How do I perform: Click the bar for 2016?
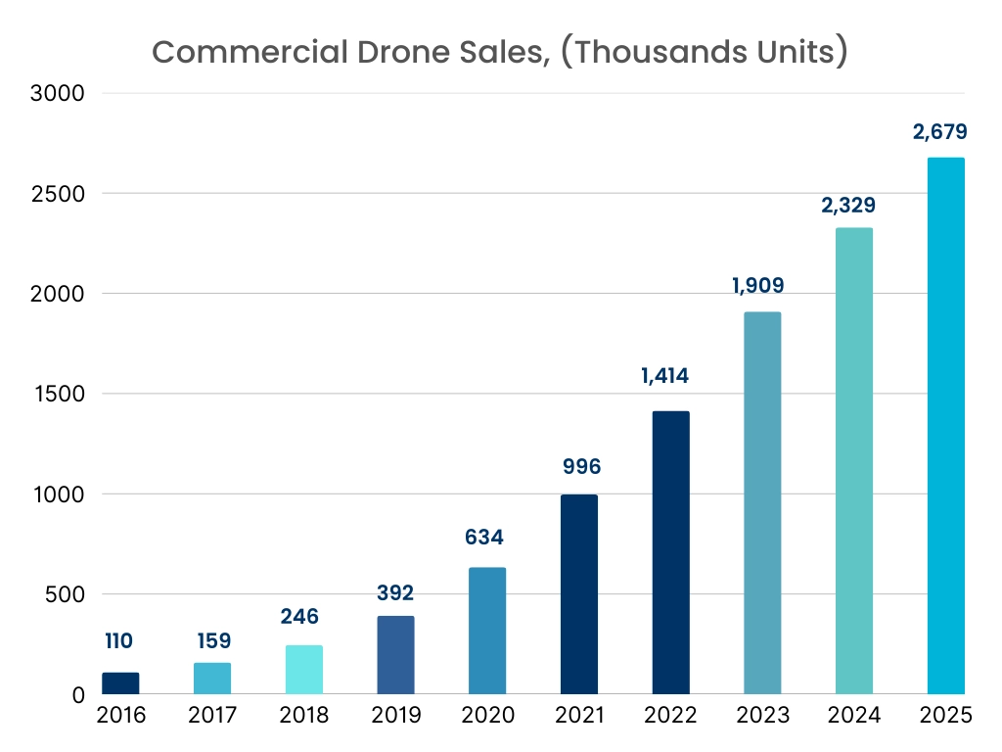[120, 683]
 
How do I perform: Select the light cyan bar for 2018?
[304, 670]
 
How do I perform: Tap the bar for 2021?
[579, 594]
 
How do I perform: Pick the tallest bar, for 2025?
[946, 426]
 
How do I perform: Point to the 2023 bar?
[762, 503]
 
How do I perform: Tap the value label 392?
[395, 592]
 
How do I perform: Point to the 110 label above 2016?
[119, 641]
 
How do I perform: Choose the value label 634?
[487, 538]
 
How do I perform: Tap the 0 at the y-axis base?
[78, 695]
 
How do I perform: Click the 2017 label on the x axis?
[212, 716]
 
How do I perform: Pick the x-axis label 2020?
[487, 716]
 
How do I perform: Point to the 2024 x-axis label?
[854, 716]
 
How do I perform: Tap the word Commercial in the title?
[239, 53]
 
